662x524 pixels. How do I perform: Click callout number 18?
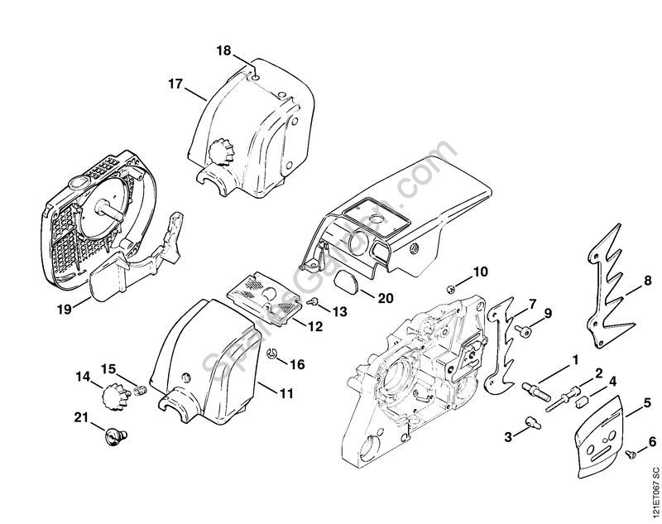[224, 50]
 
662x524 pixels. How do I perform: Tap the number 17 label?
[175, 84]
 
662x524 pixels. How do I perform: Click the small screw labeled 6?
[630, 452]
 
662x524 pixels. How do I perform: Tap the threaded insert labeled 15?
[140, 388]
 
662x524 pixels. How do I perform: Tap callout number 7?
[532, 305]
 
